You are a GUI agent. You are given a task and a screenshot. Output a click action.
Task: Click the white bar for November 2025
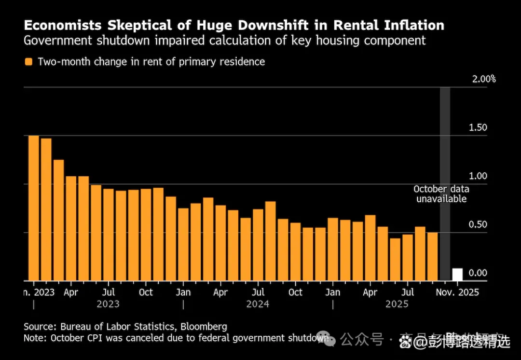[x=457, y=275]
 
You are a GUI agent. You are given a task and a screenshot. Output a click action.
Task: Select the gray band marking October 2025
[x=445, y=145]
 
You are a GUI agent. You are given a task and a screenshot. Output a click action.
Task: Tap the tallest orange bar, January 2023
[x=34, y=208]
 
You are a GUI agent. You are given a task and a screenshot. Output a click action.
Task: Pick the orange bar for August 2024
[x=271, y=241]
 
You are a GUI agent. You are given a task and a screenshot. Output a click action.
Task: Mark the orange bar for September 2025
[x=433, y=256]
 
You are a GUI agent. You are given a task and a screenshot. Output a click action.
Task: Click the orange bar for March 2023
[x=59, y=220]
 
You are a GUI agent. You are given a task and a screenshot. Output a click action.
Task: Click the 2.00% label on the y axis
[x=484, y=79]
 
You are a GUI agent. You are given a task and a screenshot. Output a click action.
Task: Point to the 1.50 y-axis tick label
[x=478, y=128]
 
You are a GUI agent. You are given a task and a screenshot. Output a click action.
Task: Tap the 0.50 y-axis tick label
[x=478, y=224]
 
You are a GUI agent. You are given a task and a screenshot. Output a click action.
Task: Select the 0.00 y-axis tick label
[x=478, y=273]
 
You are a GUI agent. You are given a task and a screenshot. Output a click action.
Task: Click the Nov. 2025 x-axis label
[x=457, y=292]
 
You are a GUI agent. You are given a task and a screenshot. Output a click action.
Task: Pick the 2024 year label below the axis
[x=258, y=305]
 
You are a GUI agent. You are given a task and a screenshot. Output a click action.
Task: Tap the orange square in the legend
[x=28, y=62]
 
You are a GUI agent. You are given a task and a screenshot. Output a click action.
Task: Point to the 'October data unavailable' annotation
[x=441, y=194]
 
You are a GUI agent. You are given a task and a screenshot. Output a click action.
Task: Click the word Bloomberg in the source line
[x=202, y=327]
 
